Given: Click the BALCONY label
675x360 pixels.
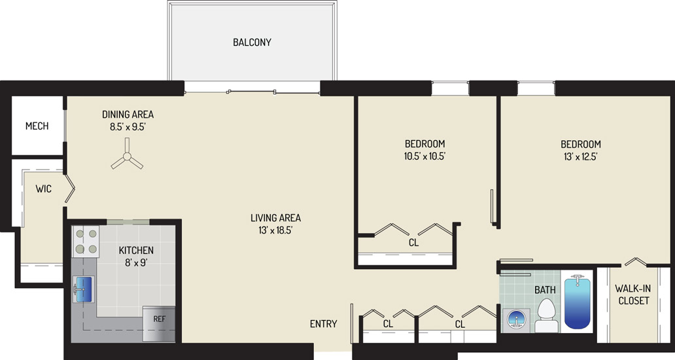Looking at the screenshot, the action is click(252, 42).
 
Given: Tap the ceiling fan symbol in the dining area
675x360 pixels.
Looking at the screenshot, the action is click(127, 156).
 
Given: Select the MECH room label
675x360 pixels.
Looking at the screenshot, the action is click(37, 126).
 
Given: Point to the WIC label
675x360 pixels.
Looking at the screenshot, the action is click(43, 189).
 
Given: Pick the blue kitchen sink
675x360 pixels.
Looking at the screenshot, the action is click(84, 289).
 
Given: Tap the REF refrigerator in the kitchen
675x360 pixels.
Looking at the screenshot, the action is click(160, 323).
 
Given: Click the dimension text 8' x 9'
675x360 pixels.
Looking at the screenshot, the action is click(137, 262).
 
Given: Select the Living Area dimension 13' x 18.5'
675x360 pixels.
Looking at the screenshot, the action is click(275, 230).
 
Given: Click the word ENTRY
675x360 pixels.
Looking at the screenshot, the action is click(323, 324).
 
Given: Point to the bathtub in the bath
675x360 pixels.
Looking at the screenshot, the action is click(577, 302).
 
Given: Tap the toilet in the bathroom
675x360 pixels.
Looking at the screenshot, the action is click(545, 315).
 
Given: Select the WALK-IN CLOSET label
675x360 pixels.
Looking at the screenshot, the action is click(634, 295).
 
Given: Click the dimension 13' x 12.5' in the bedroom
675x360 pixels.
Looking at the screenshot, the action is click(581, 156).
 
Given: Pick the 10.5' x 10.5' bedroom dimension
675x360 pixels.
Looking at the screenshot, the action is click(424, 156).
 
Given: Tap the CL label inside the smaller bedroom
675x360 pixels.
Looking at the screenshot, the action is click(413, 243).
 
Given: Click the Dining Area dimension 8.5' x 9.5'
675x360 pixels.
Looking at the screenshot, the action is click(128, 127).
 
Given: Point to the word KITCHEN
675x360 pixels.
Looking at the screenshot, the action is click(136, 250).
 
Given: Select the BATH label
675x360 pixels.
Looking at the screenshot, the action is click(545, 290).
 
